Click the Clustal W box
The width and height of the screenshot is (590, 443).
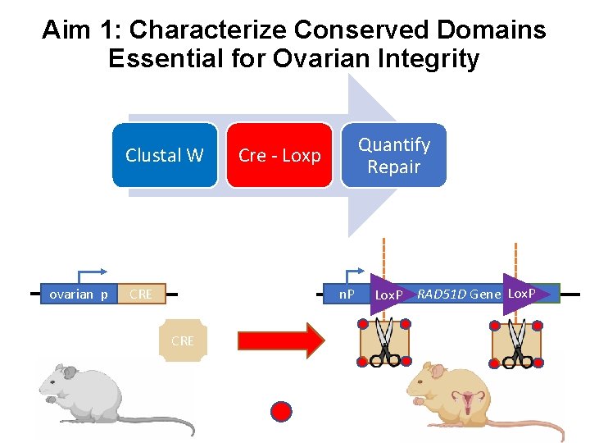[165, 155]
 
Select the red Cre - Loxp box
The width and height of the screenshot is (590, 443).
[279, 155]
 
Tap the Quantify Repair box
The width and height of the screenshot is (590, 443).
[394, 155]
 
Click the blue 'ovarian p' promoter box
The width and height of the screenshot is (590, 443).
[79, 294]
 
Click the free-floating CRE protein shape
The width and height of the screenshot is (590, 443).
[183, 340]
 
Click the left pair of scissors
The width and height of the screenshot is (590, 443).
[382, 342]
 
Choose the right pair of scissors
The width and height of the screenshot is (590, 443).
[516, 342]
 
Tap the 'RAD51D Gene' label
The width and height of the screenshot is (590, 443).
[459, 294]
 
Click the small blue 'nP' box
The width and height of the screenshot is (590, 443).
[347, 294]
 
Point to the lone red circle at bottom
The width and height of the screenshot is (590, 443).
[281, 411]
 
